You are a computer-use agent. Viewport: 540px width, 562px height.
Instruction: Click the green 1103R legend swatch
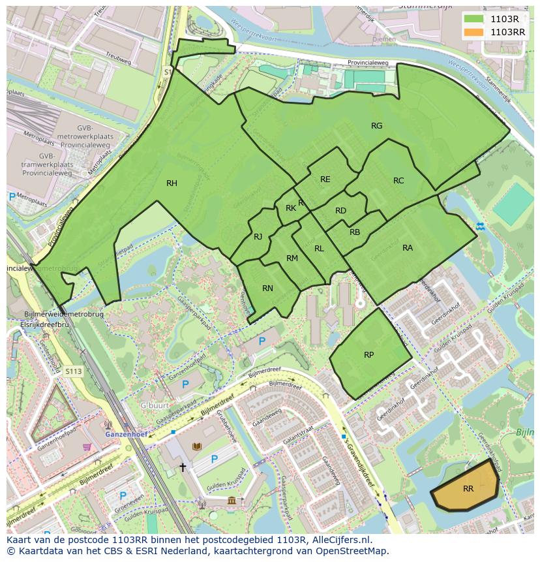tap(474, 20)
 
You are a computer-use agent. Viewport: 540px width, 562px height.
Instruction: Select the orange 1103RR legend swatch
tap(474, 31)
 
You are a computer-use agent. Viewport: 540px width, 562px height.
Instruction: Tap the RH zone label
tap(172, 183)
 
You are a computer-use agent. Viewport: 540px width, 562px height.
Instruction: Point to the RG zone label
tap(376, 126)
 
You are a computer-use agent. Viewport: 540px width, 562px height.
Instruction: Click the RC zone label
tap(398, 181)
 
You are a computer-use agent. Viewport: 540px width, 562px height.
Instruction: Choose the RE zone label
tap(325, 180)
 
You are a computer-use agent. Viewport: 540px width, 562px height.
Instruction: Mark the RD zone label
tap(340, 211)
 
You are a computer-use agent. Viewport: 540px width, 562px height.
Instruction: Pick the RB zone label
tap(355, 232)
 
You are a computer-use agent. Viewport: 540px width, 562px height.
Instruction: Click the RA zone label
tap(408, 248)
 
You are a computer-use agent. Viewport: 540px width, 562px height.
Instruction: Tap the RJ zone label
tap(258, 237)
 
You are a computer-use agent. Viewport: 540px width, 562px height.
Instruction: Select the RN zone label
tap(267, 289)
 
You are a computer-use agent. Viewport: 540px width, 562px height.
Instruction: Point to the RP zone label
tap(368, 355)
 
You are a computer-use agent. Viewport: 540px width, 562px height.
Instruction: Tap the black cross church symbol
tap(183, 467)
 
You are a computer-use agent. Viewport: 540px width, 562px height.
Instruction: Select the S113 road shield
tap(74, 371)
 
